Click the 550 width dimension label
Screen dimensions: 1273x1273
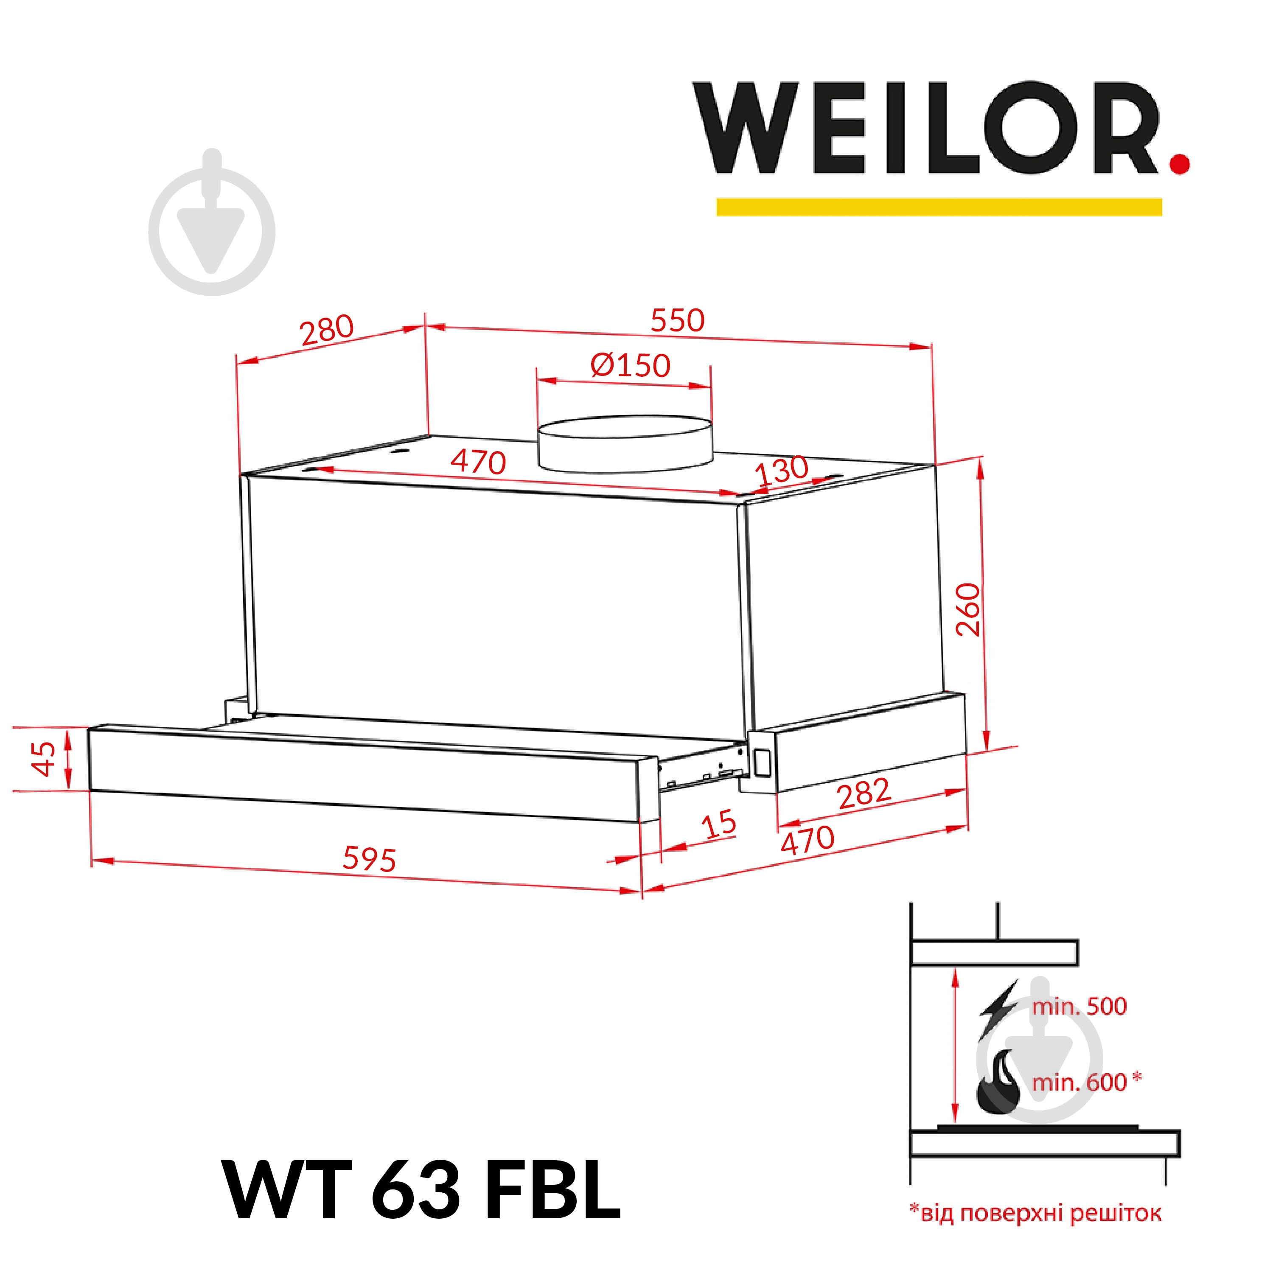[x=677, y=321]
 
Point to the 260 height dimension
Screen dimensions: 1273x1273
[x=969, y=609]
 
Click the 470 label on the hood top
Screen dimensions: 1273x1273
[x=478, y=462]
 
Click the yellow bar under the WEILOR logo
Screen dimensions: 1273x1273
[x=939, y=207]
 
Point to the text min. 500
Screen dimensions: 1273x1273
[x=1079, y=1006]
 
